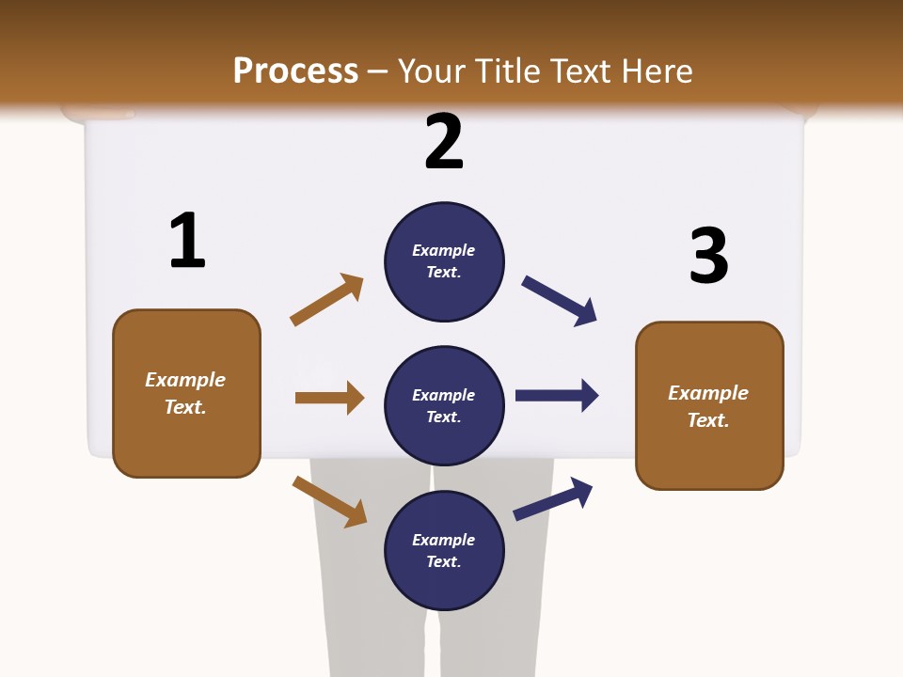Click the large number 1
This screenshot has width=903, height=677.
point(187,241)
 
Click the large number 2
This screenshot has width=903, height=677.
point(444,142)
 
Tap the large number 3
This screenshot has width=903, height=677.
point(708,256)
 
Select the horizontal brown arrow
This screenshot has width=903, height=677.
point(329,398)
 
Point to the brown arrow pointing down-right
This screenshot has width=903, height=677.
point(329,501)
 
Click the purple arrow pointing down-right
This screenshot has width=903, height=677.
point(560,301)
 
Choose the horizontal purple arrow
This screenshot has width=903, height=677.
point(557,395)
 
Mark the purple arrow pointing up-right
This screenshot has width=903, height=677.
point(553,498)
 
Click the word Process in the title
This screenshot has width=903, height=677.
point(295,71)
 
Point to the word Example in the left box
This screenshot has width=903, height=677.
point(185,380)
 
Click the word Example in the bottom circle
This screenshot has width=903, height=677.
point(443,540)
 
